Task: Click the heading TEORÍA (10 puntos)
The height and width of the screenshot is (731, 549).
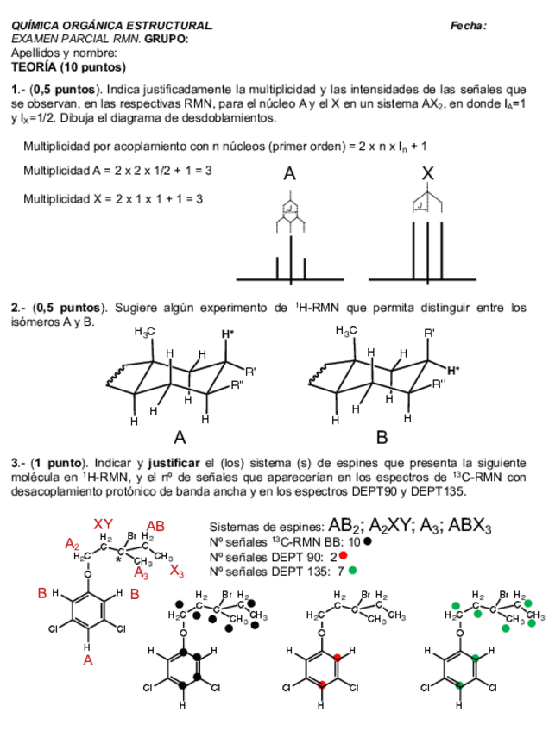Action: coord(68,67)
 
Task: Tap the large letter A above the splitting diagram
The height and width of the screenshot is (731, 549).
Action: coord(290,173)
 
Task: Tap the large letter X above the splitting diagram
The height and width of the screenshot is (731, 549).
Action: coord(427,173)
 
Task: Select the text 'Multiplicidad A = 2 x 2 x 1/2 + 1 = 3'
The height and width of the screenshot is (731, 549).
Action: coord(117,171)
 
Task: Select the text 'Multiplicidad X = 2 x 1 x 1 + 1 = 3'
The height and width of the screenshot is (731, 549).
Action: coord(113,198)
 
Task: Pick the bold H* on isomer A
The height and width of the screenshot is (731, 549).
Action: coord(227,334)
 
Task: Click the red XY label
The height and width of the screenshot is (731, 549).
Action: coord(104,524)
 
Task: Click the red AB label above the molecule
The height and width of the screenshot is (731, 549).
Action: coord(155,525)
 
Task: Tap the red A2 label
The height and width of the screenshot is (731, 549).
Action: coord(73,544)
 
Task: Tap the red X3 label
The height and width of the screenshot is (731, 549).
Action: coord(176,571)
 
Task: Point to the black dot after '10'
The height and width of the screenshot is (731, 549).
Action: coord(368,541)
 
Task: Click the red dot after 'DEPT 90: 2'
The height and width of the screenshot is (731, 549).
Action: coord(343,556)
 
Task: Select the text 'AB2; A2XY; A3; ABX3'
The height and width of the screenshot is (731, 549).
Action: coord(411,526)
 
